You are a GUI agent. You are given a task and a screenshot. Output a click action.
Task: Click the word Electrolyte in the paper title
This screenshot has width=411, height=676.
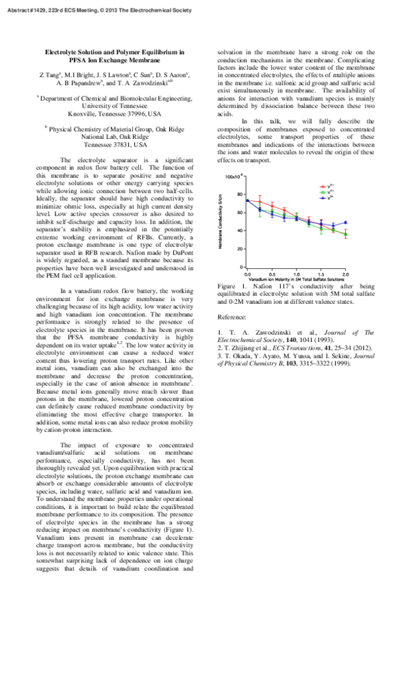[64, 52]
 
